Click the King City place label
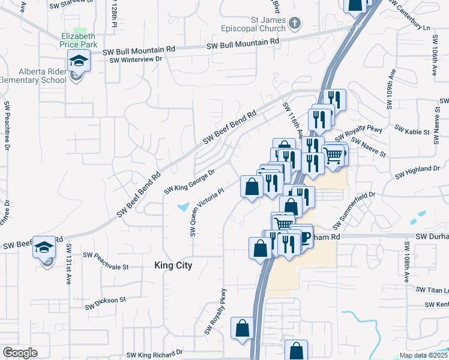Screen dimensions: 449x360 (x=173, y=265)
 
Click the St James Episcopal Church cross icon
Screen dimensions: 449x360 (x=294, y=23)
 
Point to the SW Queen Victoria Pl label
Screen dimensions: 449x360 (x=207, y=211)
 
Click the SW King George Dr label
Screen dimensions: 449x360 (x=190, y=181)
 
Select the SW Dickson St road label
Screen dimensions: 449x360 (x=105, y=302)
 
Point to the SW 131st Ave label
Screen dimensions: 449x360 (x=69, y=265)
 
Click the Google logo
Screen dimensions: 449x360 (x=20, y=353)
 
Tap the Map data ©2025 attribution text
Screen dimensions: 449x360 (x=423, y=355)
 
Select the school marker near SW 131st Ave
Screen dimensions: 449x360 (x=44, y=248)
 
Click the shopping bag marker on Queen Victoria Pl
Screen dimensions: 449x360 (x=250, y=187)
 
